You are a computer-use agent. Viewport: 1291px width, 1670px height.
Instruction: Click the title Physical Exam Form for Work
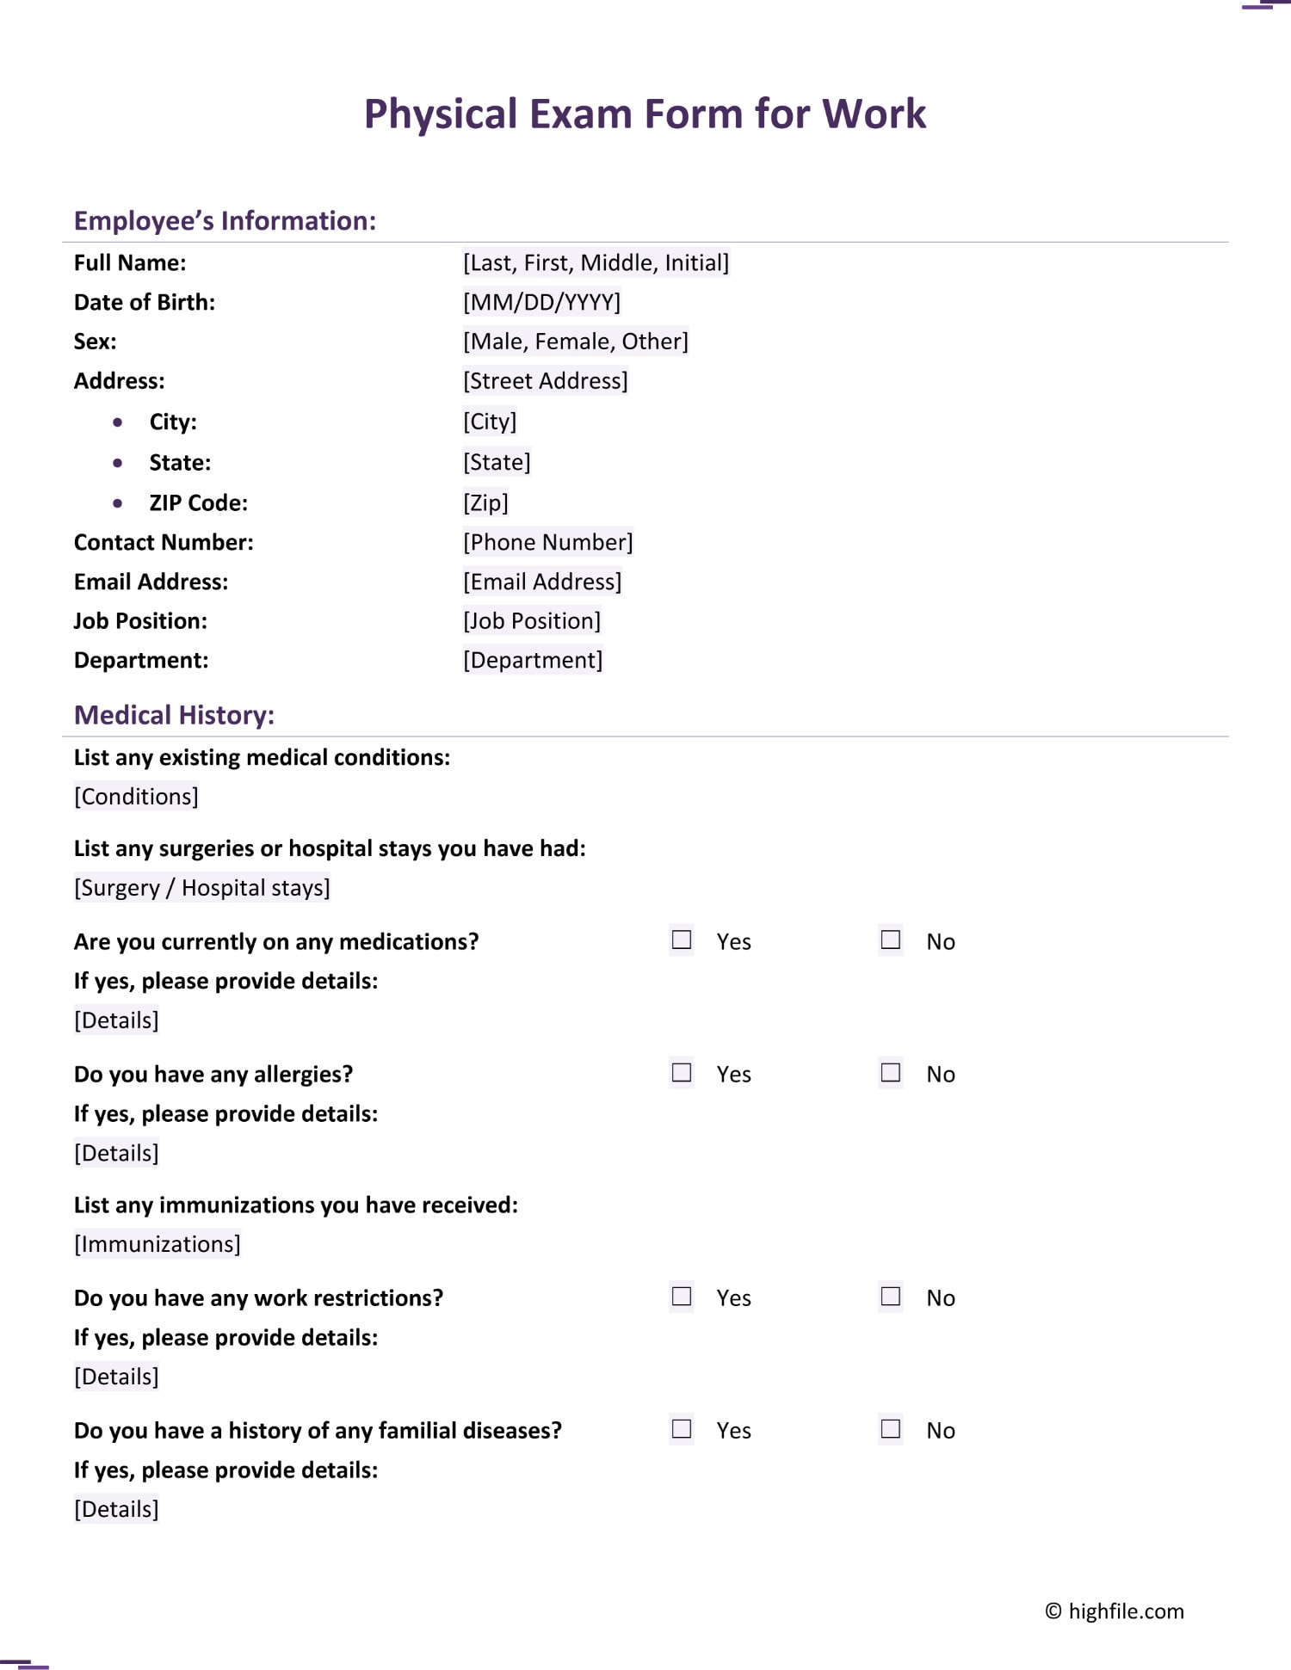[x=645, y=114]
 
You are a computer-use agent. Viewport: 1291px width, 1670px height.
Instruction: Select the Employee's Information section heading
[x=225, y=221]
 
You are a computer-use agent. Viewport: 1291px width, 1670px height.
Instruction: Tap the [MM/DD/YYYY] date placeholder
[x=541, y=302]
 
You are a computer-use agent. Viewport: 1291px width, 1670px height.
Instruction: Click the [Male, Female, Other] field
[x=575, y=342]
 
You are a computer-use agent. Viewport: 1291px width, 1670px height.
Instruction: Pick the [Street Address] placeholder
[x=545, y=381]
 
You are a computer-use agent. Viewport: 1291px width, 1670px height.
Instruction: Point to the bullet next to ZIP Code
[x=118, y=503]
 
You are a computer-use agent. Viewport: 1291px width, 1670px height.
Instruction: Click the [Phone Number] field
[x=547, y=542]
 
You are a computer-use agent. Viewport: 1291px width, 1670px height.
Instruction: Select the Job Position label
[x=140, y=621]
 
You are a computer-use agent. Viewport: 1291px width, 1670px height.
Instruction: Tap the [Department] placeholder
[x=532, y=660]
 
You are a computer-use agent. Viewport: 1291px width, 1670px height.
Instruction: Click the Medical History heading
[x=174, y=715]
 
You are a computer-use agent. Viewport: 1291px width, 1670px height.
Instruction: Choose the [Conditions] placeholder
[x=136, y=797]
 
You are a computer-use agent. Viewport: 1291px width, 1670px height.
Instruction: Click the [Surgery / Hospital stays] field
[x=202, y=888]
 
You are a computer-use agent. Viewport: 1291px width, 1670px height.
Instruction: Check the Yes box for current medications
[x=682, y=940]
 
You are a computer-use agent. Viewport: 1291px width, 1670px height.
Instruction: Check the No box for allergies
[x=891, y=1072]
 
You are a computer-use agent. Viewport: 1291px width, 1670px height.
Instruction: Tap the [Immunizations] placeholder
[x=158, y=1244]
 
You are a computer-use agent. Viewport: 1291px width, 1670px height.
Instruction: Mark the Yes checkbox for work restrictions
[x=682, y=1296]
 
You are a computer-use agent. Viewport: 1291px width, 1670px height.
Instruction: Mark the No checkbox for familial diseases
[x=891, y=1428]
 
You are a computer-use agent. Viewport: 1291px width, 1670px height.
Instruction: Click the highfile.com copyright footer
[x=1115, y=1611]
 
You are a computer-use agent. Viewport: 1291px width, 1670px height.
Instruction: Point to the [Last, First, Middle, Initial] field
[x=596, y=262]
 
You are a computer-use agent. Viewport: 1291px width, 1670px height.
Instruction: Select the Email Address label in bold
[x=151, y=582]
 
